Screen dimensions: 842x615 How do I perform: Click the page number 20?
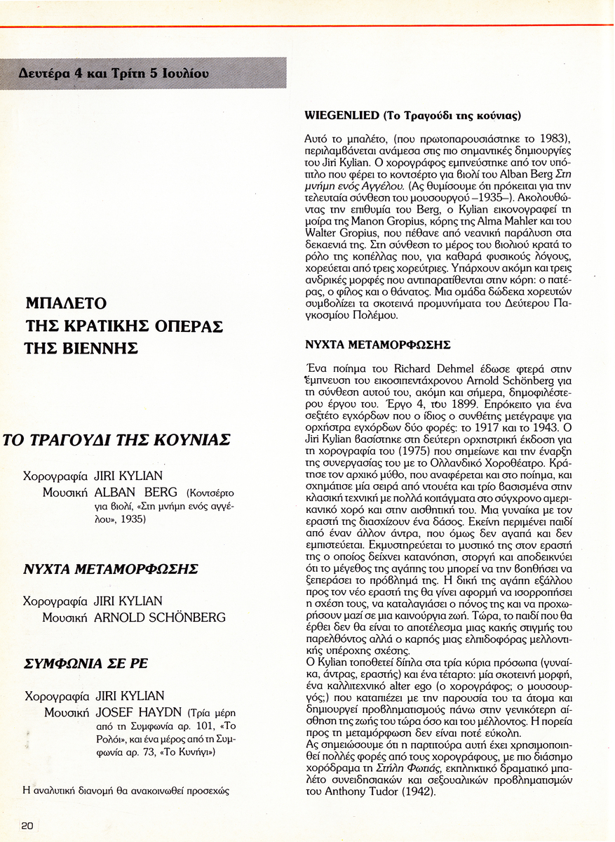pos(27,825)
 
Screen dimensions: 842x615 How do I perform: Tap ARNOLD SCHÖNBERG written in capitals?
pos(160,617)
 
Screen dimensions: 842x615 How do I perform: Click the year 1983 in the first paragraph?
pos(547,135)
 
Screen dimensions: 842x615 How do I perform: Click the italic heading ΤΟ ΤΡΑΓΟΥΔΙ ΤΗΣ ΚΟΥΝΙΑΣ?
pos(116,440)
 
